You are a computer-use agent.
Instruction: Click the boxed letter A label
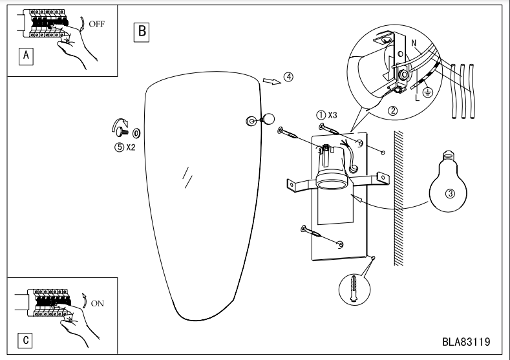click(26, 56)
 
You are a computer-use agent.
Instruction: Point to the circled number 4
click(288, 76)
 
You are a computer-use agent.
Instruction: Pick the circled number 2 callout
click(392, 110)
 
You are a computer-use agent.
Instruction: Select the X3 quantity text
click(332, 114)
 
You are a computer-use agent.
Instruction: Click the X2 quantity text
click(130, 147)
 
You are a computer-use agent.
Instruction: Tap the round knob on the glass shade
click(267, 119)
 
